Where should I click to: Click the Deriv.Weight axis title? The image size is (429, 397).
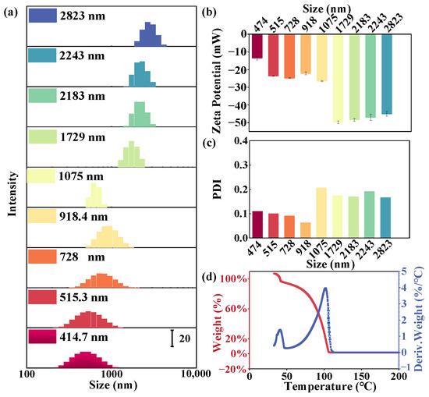click(421, 316)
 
